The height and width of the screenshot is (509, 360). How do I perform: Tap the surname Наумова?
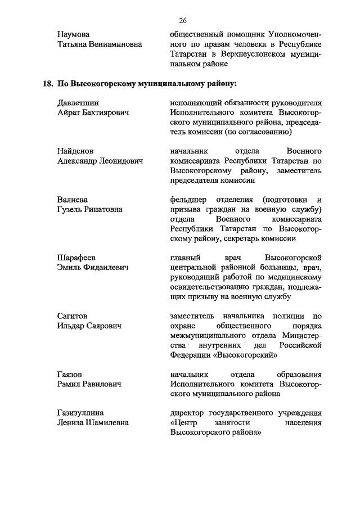[74, 35]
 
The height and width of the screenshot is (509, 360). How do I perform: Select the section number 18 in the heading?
[47, 84]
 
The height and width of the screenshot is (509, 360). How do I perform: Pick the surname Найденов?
[75, 151]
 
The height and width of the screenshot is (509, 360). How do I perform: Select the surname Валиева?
[73, 200]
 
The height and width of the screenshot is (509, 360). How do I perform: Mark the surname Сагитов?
[73, 316]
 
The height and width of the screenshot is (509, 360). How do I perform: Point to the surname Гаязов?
[70, 375]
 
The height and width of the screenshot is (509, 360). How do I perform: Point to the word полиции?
[287, 316]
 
